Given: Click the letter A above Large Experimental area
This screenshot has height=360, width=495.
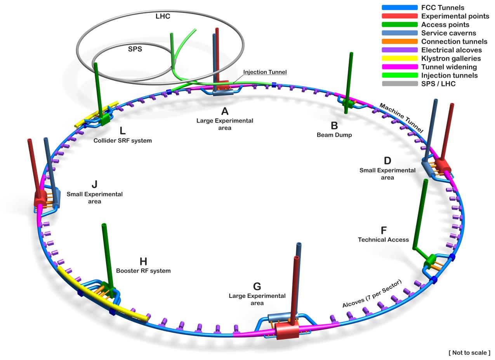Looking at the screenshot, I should (225, 111).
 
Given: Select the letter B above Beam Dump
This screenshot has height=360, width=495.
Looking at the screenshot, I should (334, 126).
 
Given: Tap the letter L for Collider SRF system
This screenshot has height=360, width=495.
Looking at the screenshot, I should (123, 131).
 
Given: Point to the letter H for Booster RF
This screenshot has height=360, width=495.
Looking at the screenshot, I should (143, 261).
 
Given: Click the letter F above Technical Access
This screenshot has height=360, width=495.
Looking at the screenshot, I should (384, 230).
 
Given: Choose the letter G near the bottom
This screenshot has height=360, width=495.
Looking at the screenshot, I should (257, 287).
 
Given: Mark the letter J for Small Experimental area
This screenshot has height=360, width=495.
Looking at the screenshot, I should (94, 184).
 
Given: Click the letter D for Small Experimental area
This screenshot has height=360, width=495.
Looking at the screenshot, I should (387, 161).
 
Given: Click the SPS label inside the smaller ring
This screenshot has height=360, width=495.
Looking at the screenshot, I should (135, 49).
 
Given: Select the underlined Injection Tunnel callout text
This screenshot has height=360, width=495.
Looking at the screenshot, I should (265, 72).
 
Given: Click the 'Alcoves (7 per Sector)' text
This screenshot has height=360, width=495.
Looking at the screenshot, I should (372, 294).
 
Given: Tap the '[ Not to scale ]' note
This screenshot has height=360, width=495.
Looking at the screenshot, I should (469, 353).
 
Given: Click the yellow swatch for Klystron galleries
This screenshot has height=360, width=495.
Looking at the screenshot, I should (399, 59).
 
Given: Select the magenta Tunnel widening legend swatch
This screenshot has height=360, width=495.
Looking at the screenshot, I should (399, 67).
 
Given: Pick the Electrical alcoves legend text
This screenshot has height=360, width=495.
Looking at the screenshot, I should (451, 50).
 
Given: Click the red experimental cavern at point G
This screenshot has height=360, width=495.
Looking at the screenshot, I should (287, 331).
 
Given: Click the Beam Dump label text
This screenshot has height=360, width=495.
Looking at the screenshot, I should (334, 135).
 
